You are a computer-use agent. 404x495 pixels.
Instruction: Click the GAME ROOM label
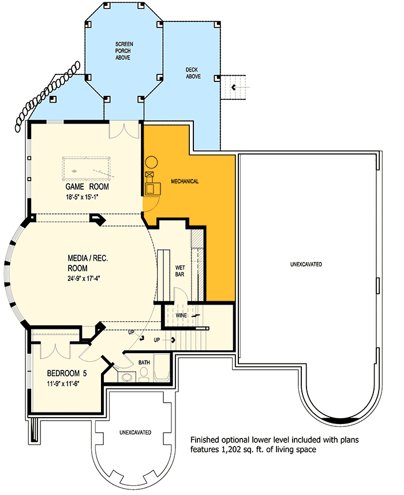pos(87,186)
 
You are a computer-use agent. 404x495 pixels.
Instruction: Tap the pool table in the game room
pos(87,168)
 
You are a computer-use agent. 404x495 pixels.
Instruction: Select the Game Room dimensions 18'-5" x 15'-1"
pos(83,197)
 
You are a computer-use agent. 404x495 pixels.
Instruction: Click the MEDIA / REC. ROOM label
pos(88,263)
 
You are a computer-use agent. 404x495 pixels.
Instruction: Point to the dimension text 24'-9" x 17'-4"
pos(84,279)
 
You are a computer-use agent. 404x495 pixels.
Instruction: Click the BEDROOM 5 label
pos(66,373)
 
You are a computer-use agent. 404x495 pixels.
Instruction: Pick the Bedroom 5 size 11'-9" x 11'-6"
pos(63,384)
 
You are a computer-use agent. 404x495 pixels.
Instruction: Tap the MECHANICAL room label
pos(185,181)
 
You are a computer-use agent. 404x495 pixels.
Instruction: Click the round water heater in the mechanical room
pos(151,162)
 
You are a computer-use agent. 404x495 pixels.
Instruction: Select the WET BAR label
pos(180,271)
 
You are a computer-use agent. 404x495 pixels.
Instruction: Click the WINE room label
pos(181,316)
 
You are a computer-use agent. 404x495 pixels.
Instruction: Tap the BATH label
pos(144,362)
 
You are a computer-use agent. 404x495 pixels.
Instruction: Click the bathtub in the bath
pos(162,367)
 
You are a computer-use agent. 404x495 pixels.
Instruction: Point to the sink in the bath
pos(127,377)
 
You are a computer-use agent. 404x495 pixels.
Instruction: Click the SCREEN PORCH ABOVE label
pos(124,51)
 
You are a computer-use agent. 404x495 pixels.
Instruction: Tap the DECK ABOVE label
pos(193,73)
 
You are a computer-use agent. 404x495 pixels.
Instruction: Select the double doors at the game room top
pos(125,131)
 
